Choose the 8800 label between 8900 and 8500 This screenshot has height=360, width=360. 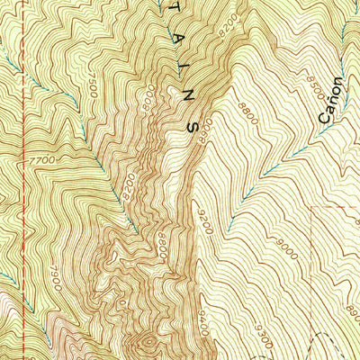247,112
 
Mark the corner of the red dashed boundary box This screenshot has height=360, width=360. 312,206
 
